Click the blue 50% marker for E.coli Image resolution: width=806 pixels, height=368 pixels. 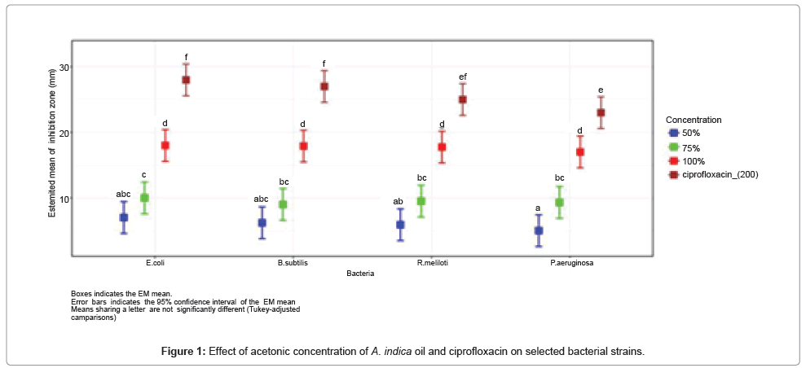124,217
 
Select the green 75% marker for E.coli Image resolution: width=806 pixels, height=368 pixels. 144,198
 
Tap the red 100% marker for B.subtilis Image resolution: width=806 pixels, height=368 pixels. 303,147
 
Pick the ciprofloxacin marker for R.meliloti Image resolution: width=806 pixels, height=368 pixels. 462,99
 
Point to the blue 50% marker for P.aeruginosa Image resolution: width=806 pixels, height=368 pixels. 539,230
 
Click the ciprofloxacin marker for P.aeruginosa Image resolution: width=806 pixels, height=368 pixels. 601,112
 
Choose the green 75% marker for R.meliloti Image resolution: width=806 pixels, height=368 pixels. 421,201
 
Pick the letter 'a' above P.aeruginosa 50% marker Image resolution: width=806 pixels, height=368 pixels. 539,208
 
